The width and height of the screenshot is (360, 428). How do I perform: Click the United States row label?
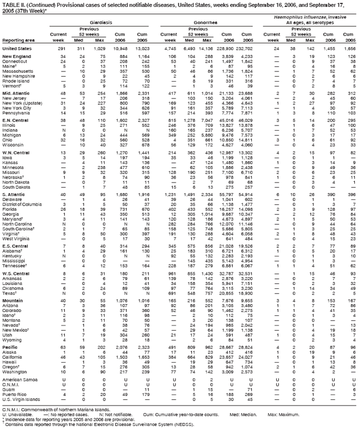click(x=19, y=49)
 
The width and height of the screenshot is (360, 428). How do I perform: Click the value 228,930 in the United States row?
click(x=220, y=49)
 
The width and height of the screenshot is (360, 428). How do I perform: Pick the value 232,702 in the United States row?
click(x=241, y=49)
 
